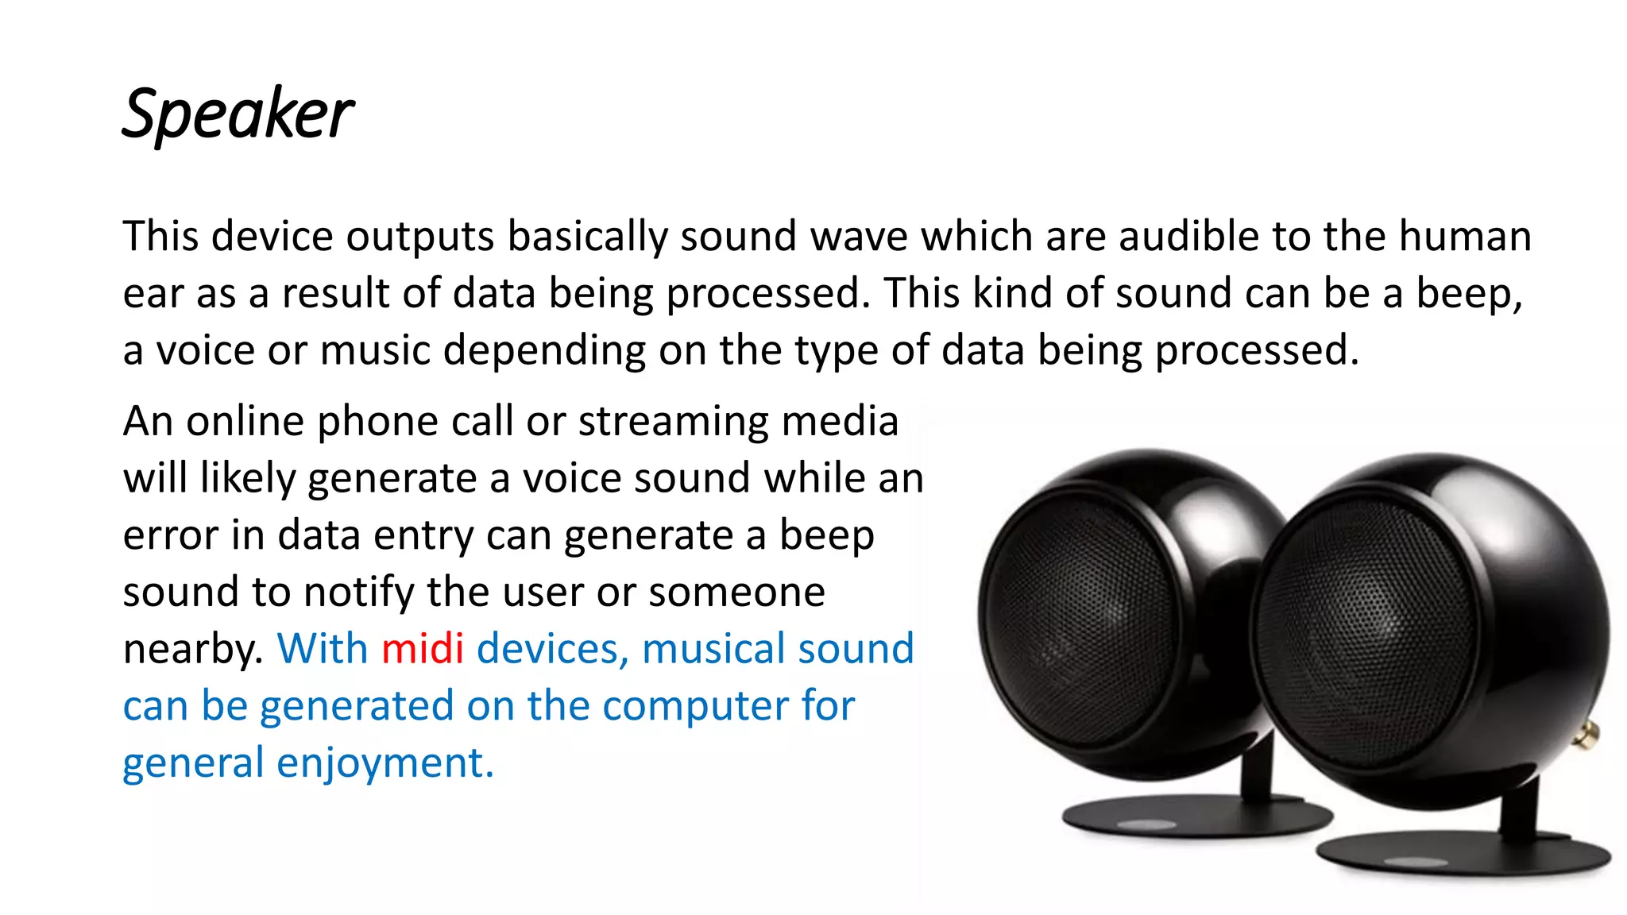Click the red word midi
(x=422, y=649)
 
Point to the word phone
(x=377, y=423)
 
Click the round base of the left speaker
(x=1192, y=818)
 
